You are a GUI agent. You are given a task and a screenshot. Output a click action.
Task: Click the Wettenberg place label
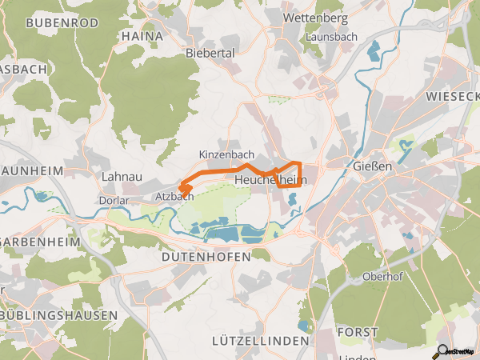pyautogui.click(x=317, y=18)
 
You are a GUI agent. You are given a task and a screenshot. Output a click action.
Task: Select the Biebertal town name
pyautogui.click(x=209, y=53)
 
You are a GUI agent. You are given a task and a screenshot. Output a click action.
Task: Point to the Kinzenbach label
pyautogui.click(x=226, y=154)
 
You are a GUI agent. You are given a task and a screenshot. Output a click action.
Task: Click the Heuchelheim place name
pyautogui.click(x=270, y=181)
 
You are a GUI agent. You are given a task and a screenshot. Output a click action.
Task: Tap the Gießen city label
pyautogui.click(x=372, y=167)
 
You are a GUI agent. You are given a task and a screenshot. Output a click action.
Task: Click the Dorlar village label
pyautogui.click(x=114, y=195)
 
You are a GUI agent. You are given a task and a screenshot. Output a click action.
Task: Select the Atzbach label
pyautogui.click(x=174, y=196)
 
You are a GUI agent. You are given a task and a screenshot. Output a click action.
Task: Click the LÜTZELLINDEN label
pyautogui.click(x=260, y=342)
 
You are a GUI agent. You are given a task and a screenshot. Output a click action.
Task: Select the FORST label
pyautogui.click(x=358, y=332)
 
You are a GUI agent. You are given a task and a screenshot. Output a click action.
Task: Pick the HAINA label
pyautogui.click(x=142, y=36)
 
